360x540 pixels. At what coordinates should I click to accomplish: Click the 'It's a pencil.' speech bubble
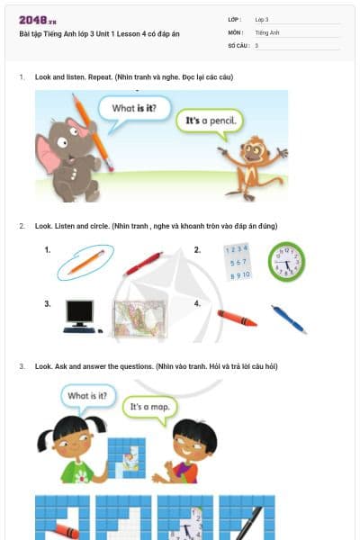pyautogui.click(x=211, y=120)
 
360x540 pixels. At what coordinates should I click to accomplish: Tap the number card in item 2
pyautogui.click(x=234, y=261)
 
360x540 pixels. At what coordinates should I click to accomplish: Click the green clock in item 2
pyautogui.click(x=286, y=261)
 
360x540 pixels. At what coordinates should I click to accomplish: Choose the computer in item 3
pyautogui.click(x=79, y=316)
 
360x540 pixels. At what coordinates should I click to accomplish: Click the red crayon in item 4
pyautogui.click(x=236, y=318)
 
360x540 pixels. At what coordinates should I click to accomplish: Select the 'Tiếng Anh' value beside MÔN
pyautogui.click(x=267, y=31)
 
